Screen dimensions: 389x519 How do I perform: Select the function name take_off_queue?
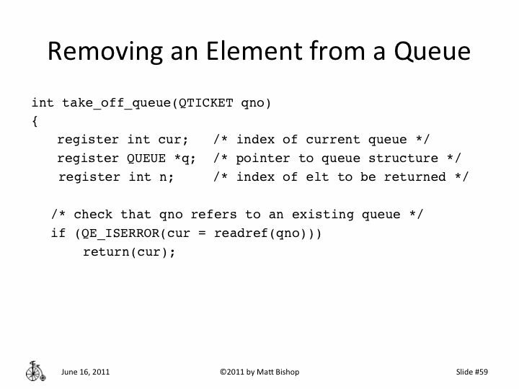point(116,102)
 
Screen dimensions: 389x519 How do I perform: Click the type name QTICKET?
point(206,102)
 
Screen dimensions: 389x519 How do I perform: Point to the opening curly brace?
point(35,121)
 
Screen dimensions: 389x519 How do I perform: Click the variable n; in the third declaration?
point(166,177)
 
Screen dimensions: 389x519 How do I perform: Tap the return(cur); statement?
point(130,252)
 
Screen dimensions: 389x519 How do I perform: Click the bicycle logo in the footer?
point(34,370)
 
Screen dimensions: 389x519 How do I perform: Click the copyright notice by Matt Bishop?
point(259,372)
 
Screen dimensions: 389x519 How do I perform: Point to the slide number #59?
point(480,372)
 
